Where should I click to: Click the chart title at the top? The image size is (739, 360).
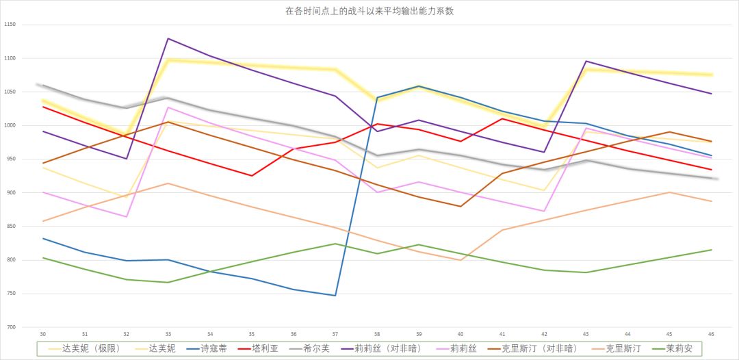(369, 11)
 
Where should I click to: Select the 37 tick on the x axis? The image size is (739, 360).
(335, 333)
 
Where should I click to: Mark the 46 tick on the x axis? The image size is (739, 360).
(712, 333)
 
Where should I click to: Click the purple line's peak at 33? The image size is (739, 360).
(168, 38)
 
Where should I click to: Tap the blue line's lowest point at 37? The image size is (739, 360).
(335, 296)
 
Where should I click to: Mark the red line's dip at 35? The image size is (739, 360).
(252, 176)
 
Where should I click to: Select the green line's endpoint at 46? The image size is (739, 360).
(712, 250)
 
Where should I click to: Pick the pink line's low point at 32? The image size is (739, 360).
(126, 217)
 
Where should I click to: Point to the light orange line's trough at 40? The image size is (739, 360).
(461, 260)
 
